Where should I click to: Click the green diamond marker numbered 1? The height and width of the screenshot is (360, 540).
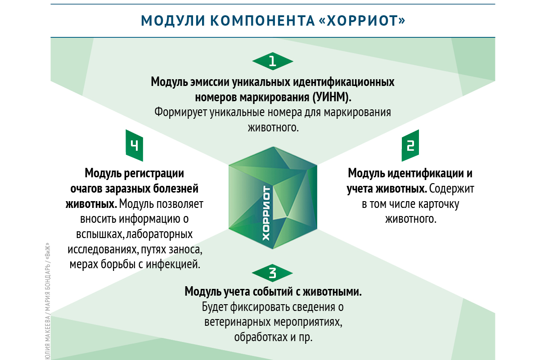coord(273,61)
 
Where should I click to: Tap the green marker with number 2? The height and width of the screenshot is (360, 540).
coord(410,145)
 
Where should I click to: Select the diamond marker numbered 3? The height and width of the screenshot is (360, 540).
coord(272,273)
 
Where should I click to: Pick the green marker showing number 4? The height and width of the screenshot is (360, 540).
coord(134,145)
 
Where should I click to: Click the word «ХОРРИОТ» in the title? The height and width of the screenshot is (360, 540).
coord(362,21)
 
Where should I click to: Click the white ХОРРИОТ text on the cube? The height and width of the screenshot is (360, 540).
coord(266,213)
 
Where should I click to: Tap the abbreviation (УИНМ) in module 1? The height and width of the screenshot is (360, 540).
coord(332,97)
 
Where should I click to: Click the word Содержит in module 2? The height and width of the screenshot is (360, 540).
coord(451,189)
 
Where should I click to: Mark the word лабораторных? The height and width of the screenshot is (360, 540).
coord(159,234)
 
